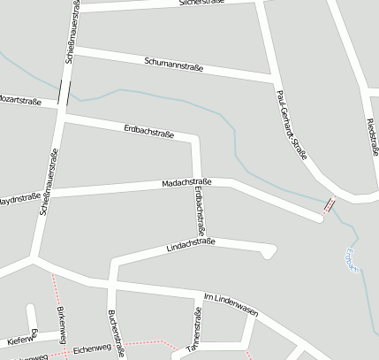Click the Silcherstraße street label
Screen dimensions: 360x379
coord(202,4)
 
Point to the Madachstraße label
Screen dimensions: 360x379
coord(185,182)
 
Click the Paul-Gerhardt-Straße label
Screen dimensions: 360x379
coord(292,125)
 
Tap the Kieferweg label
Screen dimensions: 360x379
coord(19,339)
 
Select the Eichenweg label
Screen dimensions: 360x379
coord(92,349)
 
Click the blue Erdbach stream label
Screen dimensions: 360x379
coord(350,262)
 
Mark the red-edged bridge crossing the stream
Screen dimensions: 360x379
coord(329,206)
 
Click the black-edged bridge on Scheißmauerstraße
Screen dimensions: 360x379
coord(64,92)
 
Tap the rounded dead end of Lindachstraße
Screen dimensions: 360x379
coord(268,253)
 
